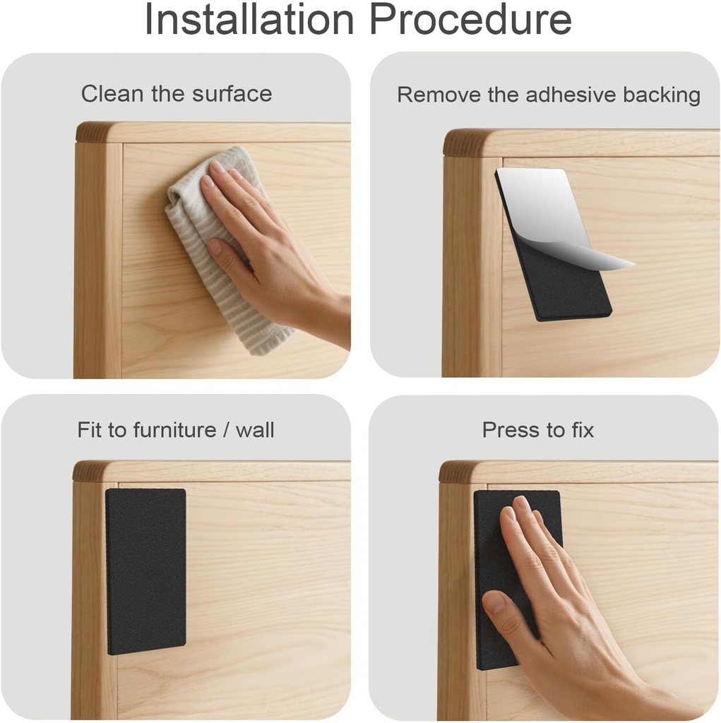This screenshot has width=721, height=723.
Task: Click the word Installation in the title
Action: coord(249,18)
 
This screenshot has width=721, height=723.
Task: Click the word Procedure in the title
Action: coord(470,18)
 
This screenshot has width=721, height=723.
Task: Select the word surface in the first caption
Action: coord(232,94)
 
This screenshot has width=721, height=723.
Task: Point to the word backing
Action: coord(662,95)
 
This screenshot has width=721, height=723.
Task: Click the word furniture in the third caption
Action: coord(175,430)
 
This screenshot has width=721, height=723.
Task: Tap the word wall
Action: coord(255,430)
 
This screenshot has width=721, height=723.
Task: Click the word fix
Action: coord(583,430)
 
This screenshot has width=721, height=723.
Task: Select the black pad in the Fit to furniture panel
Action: coord(145,571)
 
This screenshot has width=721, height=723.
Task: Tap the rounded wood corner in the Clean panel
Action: coord(93,133)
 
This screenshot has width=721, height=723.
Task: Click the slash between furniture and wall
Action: coord(226,430)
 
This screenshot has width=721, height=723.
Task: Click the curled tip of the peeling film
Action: coord(633,264)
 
